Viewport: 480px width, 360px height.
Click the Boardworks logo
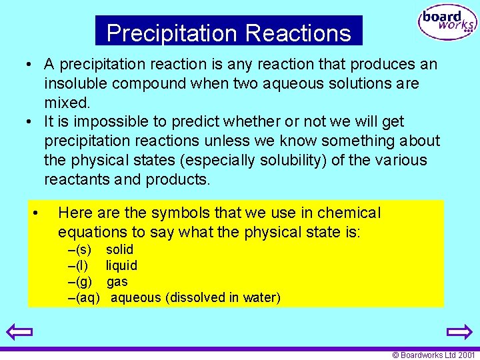[447, 23]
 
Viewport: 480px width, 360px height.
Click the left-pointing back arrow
[19, 331]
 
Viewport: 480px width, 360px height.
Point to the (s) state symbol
[83, 249]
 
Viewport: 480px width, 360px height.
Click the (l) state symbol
[82, 265]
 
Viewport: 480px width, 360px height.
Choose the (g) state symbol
[83, 281]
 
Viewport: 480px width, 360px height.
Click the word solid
[120, 249]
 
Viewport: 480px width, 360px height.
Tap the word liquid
[122, 265]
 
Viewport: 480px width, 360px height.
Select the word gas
[117, 281]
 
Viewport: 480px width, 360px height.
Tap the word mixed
[66, 103]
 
